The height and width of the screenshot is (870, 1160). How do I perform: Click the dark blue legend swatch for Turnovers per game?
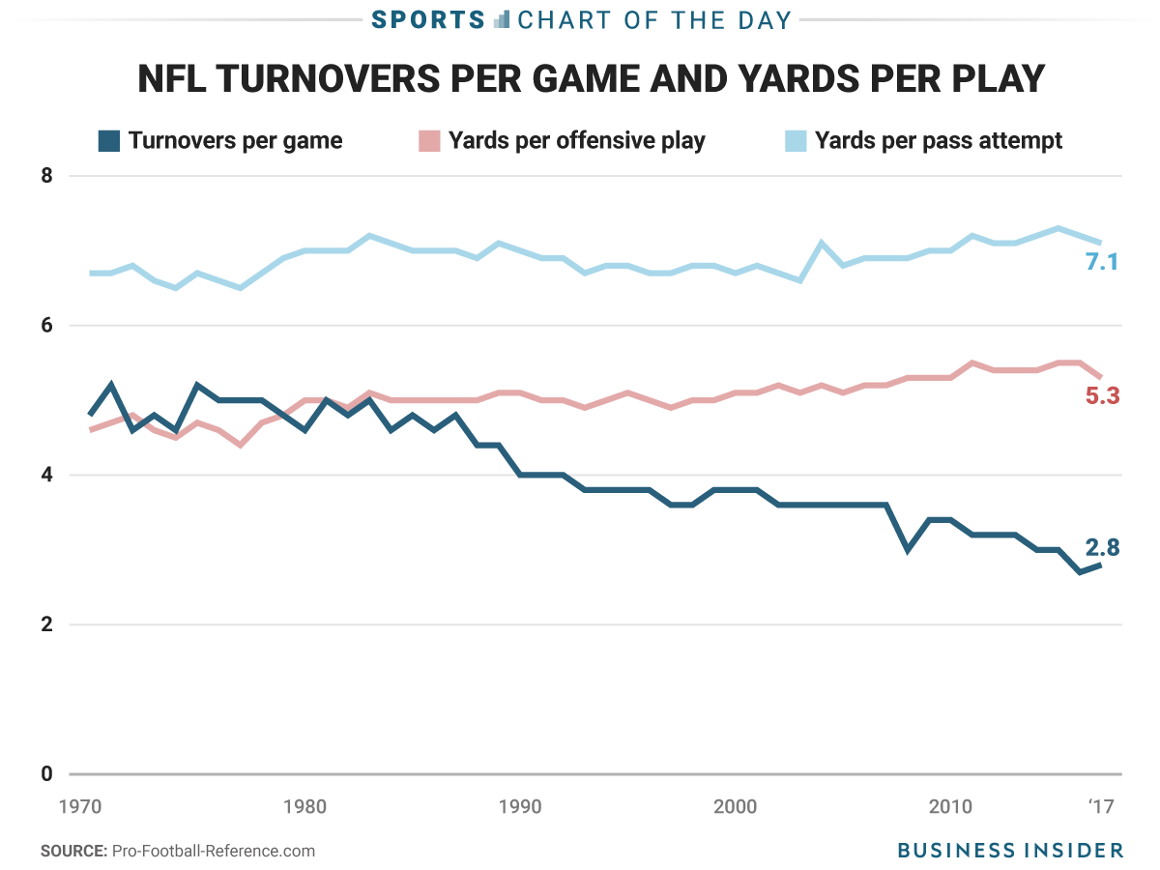pos(109,141)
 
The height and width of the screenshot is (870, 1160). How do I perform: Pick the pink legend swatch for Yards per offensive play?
pos(430,141)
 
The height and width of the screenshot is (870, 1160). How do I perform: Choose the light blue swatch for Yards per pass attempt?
pos(795,141)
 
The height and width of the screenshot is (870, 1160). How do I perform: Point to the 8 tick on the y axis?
pos(47,176)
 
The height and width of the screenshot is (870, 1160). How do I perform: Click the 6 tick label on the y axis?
pos(47,326)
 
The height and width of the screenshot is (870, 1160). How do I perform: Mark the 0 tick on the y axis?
pos(47,774)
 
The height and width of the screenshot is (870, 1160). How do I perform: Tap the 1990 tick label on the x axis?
pos(520,806)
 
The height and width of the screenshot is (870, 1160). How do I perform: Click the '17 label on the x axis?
pos(1101,806)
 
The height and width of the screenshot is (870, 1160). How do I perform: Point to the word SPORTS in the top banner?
pos(429,19)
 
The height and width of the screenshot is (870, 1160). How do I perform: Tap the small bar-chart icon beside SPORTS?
pos(501,19)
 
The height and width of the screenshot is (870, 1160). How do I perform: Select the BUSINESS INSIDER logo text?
pos(1010,850)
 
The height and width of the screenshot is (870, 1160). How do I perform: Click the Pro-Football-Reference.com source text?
pos(214,851)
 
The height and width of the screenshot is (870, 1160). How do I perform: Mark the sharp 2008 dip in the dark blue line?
pos(907,549)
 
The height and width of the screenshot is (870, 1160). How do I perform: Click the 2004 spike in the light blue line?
pos(821,244)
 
